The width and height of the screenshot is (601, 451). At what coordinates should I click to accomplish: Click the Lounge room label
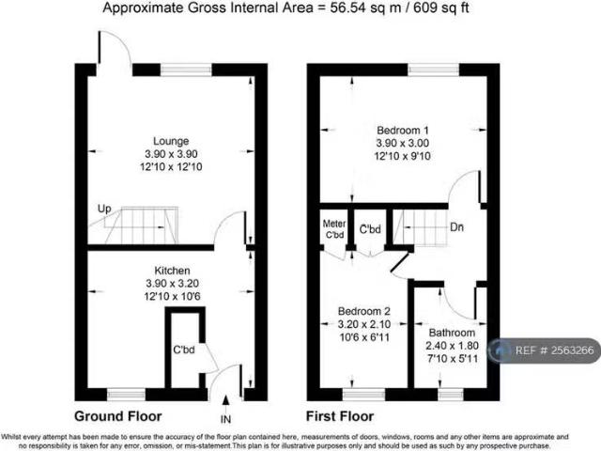pyautogui.click(x=171, y=140)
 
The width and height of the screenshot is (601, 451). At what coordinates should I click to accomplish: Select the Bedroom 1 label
pyautogui.click(x=403, y=129)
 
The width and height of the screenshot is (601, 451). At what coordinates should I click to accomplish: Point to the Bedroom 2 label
pyautogui.click(x=362, y=311)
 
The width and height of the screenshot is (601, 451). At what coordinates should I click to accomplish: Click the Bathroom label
pyautogui.click(x=451, y=333)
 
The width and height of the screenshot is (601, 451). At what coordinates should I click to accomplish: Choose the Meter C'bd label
pyautogui.click(x=334, y=228)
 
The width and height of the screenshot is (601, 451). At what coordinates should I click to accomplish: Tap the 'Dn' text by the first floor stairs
pyautogui.click(x=455, y=226)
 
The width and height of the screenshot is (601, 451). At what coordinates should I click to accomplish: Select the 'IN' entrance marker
pyautogui.click(x=224, y=418)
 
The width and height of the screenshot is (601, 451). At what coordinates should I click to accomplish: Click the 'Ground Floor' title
pyautogui.click(x=118, y=415)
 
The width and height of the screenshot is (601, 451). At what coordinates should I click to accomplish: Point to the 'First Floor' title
pyautogui.click(x=340, y=415)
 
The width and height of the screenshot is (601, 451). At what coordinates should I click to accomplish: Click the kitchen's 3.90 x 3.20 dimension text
pyautogui.click(x=171, y=283)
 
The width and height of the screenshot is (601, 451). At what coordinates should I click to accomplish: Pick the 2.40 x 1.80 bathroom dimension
pyautogui.click(x=451, y=345)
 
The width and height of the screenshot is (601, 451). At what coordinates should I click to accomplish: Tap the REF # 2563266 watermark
pyautogui.click(x=554, y=350)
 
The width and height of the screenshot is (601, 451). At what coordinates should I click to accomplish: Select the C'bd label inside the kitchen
pyautogui.click(x=183, y=350)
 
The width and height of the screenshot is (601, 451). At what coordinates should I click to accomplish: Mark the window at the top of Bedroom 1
pyautogui.click(x=433, y=69)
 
